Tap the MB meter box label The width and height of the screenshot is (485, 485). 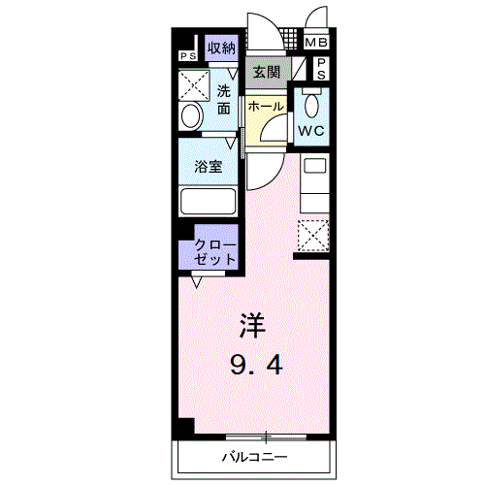[x=316, y=43]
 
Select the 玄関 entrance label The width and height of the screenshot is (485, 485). [x=267, y=72]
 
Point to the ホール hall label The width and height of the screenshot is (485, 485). [x=265, y=106]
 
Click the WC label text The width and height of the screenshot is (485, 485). [x=311, y=130]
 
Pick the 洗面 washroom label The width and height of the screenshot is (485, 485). [x=225, y=101]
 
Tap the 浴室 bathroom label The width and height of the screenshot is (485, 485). [x=209, y=166]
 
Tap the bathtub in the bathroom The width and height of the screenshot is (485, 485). [x=209, y=203]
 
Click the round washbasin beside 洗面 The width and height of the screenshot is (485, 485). [x=191, y=117]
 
